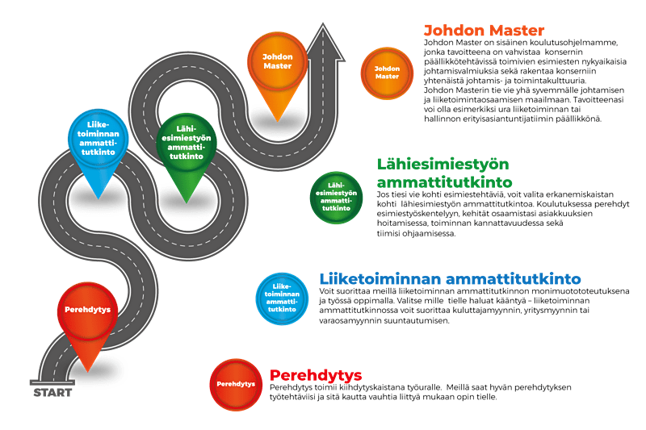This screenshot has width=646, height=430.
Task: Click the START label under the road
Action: pos(52,393)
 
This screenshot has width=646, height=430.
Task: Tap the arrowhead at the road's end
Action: pos(323,44)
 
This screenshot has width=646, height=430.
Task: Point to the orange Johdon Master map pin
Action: pos(277,75)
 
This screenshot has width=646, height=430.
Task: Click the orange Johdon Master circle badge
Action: pos(387,73)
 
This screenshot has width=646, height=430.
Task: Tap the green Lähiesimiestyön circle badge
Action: pos(336,198)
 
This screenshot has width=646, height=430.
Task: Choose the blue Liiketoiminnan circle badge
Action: pos(282,298)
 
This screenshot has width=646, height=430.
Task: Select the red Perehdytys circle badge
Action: pos(236,384)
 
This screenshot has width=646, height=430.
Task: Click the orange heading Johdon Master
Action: pos(484,31)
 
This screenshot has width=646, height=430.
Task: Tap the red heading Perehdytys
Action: pos(316,375)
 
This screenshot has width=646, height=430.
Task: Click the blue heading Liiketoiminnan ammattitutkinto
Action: pos(450,278)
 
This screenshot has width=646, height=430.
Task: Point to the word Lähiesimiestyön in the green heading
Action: pos(443,165)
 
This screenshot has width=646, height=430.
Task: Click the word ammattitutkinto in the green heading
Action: pos(445,182)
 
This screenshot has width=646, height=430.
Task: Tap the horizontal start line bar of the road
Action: pos(52,382)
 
